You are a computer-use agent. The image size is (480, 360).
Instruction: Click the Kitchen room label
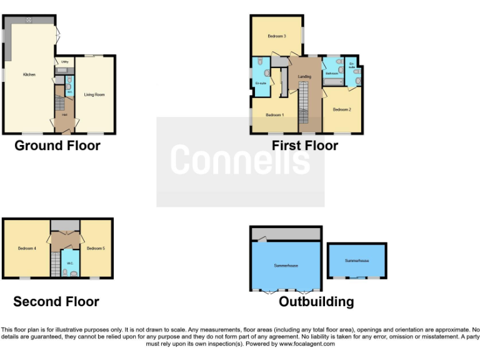point(29,74)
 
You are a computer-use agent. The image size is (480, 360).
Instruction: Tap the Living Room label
point(94,95)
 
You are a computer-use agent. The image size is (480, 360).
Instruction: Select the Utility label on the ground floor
point(64,62)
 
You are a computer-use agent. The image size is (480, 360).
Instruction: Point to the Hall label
point(64,116)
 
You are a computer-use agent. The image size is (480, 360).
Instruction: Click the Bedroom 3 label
point(277,36)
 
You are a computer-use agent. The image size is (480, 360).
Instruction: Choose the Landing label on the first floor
point(304,77)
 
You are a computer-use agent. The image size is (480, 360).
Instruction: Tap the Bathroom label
point(331,74)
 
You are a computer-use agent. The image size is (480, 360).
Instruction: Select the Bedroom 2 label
point(342,110)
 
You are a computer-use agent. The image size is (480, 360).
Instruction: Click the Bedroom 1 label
point(274,115)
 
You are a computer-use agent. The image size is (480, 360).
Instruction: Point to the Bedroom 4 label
point(27,249)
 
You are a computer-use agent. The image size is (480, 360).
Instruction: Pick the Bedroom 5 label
point(96,249)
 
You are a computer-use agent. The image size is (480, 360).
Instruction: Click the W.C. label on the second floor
point(71,263)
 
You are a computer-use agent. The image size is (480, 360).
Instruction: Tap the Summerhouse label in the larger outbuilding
point(286,266)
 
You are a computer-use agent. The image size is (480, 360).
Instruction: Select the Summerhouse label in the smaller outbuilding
point(357,260)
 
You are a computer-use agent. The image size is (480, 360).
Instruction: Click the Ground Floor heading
point(57,146)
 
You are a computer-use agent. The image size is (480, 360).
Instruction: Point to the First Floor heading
point(305,146)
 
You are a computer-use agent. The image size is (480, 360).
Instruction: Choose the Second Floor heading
point(56,302)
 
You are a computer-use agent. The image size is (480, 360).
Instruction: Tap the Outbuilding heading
point(316,302)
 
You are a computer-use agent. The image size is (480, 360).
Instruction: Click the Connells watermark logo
point(240,160)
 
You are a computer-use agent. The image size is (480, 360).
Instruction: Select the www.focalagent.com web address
point(307,344)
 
